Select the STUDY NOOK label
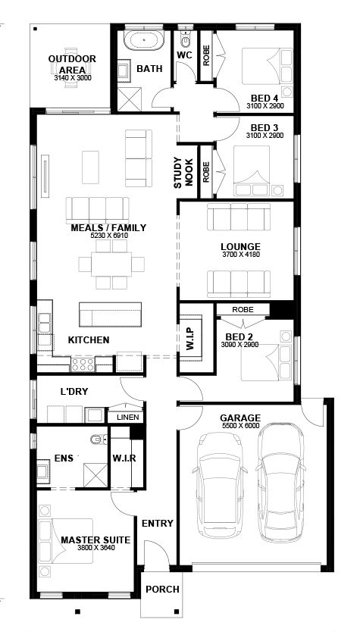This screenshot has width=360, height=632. tap(183, 173)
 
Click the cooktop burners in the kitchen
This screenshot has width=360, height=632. tap(83, 364)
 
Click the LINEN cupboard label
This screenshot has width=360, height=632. tap(128, 418)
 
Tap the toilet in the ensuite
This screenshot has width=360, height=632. tap(99, 440)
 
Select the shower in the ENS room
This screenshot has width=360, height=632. tap(95, 475)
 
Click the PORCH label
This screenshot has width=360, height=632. tap(162, 590)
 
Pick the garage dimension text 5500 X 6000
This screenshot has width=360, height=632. tap(240, 426)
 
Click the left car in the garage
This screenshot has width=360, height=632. tap(220, 485)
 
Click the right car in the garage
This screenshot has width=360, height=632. tap(280, 482)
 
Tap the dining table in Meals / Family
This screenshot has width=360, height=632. tap(111, 264)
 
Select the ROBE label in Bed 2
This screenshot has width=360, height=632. tap(243, 309)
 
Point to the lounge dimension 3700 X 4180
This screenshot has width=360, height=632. tap(240, 255)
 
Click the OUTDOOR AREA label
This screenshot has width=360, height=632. tap(72, 64)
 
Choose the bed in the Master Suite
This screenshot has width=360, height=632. tap(65, 541)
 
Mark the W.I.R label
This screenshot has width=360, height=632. tap(124, 458)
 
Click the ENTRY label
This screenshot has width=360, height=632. tap(157, 524)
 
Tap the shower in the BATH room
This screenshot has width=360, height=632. tap(130, 99)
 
